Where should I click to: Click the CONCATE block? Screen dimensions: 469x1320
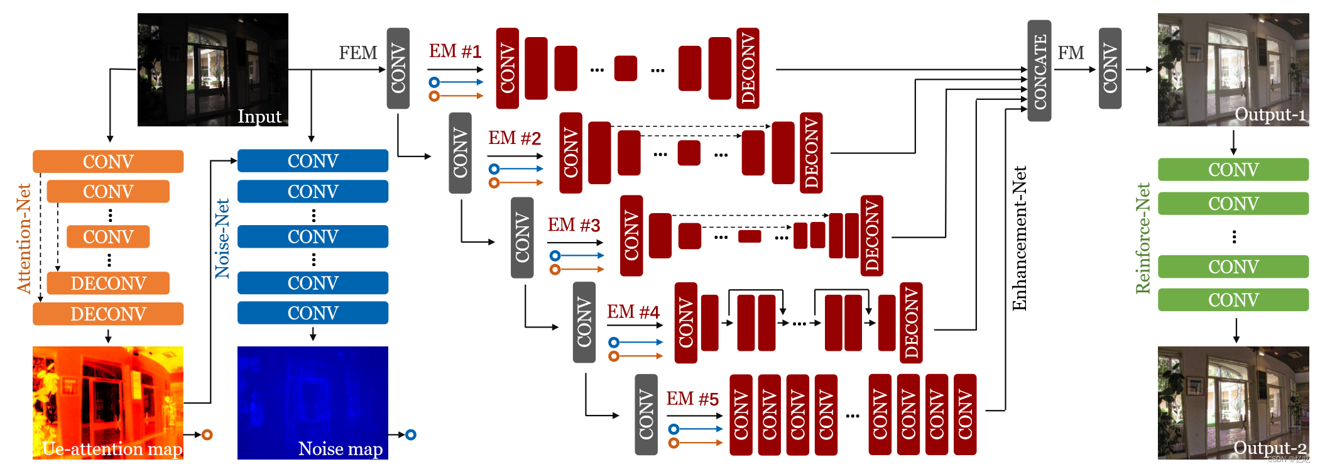pyautogui.click(x=1039, y=70)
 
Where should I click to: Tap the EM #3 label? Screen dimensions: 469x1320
pyautogui.click(x=573, y=225)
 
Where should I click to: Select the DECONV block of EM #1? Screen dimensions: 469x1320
pyautogui.click(x=748, y=68)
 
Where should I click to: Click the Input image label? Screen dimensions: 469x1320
pyautogui.click(x=259, y=116)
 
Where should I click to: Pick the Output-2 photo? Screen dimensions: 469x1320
pyautogui.click(x=1233, y=402)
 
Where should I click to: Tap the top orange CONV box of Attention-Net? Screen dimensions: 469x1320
pyautogui.click(x=107, y=162)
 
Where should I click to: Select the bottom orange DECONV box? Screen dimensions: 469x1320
pyautogui.click(x=107, y=314)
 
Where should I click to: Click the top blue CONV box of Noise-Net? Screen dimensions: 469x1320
pyautogui.click(x=312, y=161)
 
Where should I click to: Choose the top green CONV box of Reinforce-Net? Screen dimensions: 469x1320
pyautogui.click(x=1233, y=170)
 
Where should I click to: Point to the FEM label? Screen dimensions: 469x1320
pyautogui.click(x=358, y=53)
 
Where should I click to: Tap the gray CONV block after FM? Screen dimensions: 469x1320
pyautogui.click(x=1110, y=68)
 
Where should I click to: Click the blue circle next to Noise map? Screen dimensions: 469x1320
pyautogui.click(x=411, y=434)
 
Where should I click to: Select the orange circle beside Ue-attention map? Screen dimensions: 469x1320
pyautogui.click(x=207, y=434)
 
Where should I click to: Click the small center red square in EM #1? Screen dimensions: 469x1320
pyautogui.click(x=625, y=68)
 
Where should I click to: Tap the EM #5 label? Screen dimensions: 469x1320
pyautogui.click(x=692, y=399)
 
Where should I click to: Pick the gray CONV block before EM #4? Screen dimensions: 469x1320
pyautogui.click(x=584, y=322)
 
